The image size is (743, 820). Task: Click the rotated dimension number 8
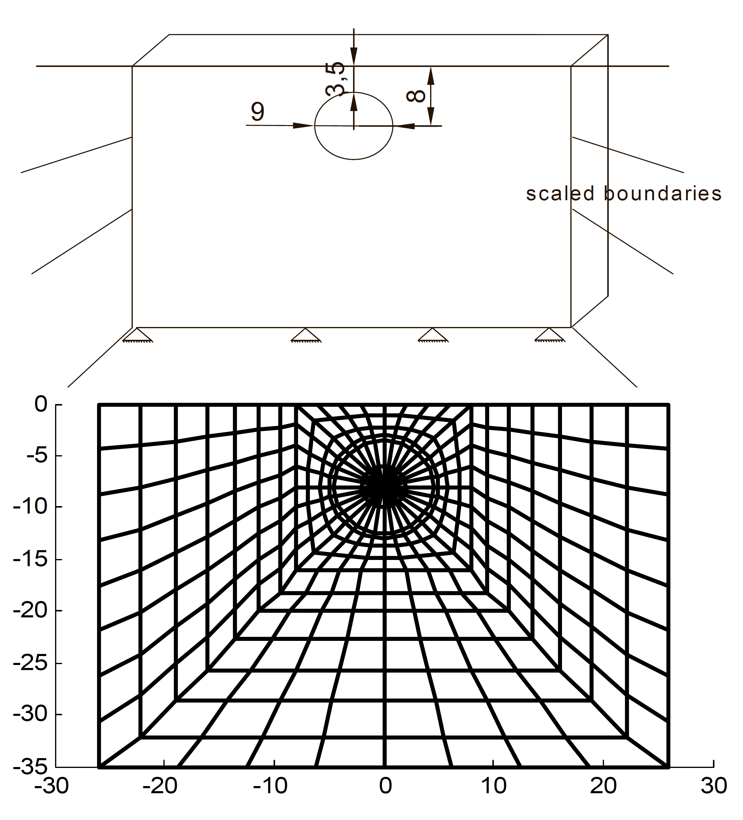(x=416, y=96)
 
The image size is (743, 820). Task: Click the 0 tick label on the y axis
(x=41, y=404)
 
